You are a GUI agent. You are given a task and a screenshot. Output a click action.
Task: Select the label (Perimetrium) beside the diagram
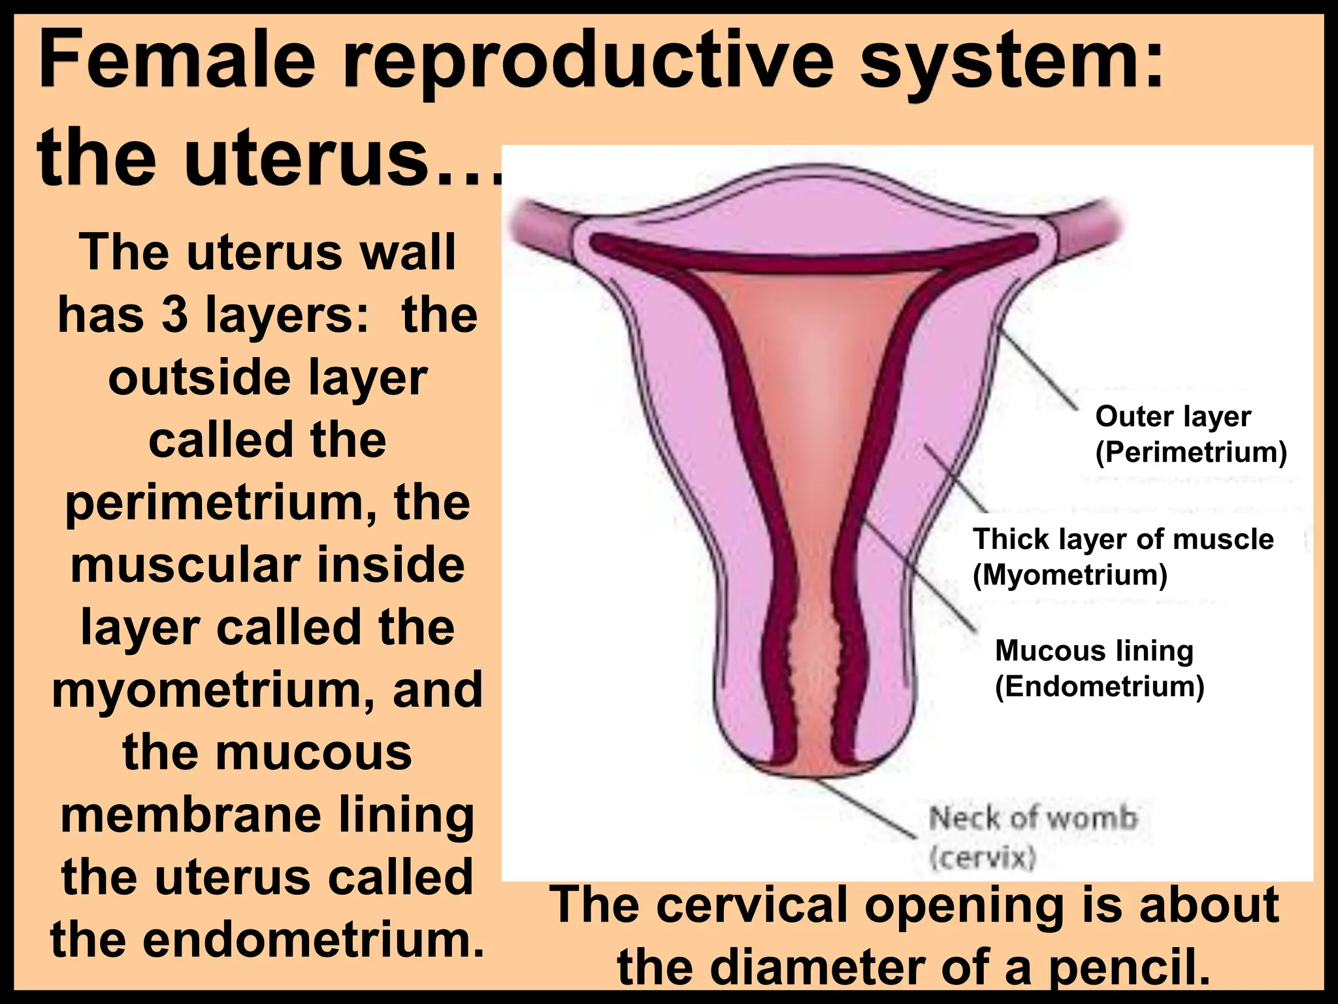pyautogui.click(x=1191, y=452)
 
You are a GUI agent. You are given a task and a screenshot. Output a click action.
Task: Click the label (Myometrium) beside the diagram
pyautogui.click(x=1069, y=575)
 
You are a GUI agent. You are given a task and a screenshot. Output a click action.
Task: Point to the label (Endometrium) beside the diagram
pyautogui.click(x=1100, y=686)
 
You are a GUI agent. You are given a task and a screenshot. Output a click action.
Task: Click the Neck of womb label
pyautogui.click(x=1033, y=818)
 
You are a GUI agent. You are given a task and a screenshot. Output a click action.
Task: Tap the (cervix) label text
pyautogui.click(x=983, y=857)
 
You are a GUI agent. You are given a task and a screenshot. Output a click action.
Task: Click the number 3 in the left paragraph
pyautogui.click(x=174, y=315)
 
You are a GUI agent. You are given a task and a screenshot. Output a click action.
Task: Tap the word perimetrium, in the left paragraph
pyautogui.click(x=220, y=503)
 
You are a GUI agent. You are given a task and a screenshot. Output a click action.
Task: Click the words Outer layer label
pyautogui.click(x=1173, y=416)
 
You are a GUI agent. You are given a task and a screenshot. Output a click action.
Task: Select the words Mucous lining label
pyautogui.click(x=1094, y=651)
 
